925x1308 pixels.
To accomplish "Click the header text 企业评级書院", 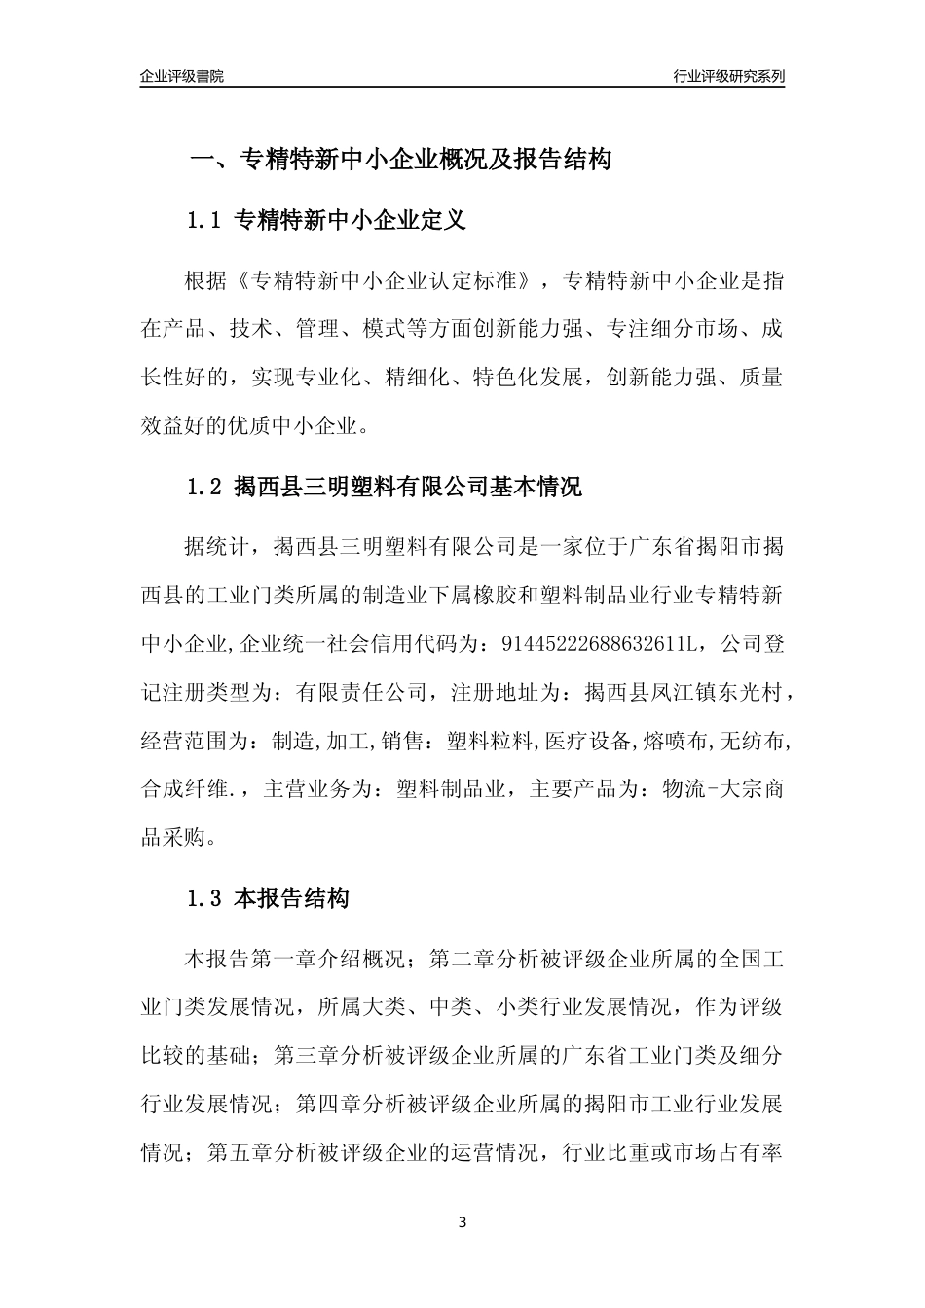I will (x=182, y=76).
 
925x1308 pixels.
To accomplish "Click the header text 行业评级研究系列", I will (x=728, y=76).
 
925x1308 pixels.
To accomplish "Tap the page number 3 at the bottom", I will (x=462, y=1221).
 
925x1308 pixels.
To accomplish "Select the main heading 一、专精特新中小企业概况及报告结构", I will (x=399, y=160).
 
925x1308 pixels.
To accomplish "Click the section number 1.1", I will (x=204, y=221).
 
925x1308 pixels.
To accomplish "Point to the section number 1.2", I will (x=204, y=487).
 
